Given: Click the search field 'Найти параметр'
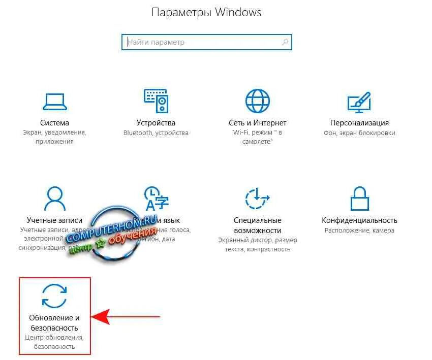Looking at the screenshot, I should tap(203, 42).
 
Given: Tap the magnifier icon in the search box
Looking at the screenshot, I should tap(286, 42).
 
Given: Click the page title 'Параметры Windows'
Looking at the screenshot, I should tap(206, 12).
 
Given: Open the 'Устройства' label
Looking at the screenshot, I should tap(156, 123).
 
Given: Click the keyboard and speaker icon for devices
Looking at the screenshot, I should tap(156, 101).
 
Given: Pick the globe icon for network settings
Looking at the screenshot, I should tap(258, 101).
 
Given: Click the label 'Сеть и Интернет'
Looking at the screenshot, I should tap(258, 123).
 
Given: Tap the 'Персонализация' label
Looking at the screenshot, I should tap(359, 123).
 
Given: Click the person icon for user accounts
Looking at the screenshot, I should tap(54, 198).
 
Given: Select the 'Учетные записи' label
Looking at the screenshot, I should tap(54, 220).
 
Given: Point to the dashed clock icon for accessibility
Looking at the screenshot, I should tap(258, 198).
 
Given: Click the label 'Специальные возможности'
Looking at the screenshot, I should tap(258, 225).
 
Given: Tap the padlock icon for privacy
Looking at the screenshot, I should tap(359, 198).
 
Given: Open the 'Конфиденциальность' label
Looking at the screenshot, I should tap(359, 220).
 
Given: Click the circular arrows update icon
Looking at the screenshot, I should tap(54, 296).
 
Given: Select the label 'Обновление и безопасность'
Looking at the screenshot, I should tap(54, 322).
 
